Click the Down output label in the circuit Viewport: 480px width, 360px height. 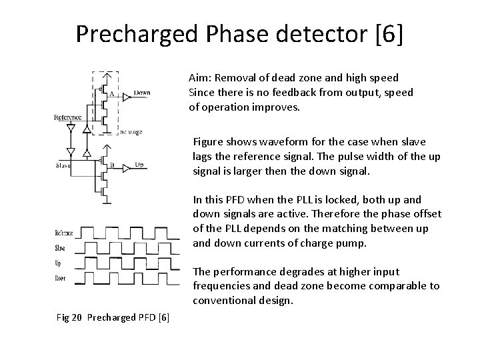tap(142, 93)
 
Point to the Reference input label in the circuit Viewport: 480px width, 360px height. tap(68, 117)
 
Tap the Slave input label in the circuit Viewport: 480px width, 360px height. tap(63, 165)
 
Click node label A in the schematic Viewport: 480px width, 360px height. tap(111, 95)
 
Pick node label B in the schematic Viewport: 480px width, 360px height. tap(112, 164)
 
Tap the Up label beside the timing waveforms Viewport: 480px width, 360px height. tap(59, 263)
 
